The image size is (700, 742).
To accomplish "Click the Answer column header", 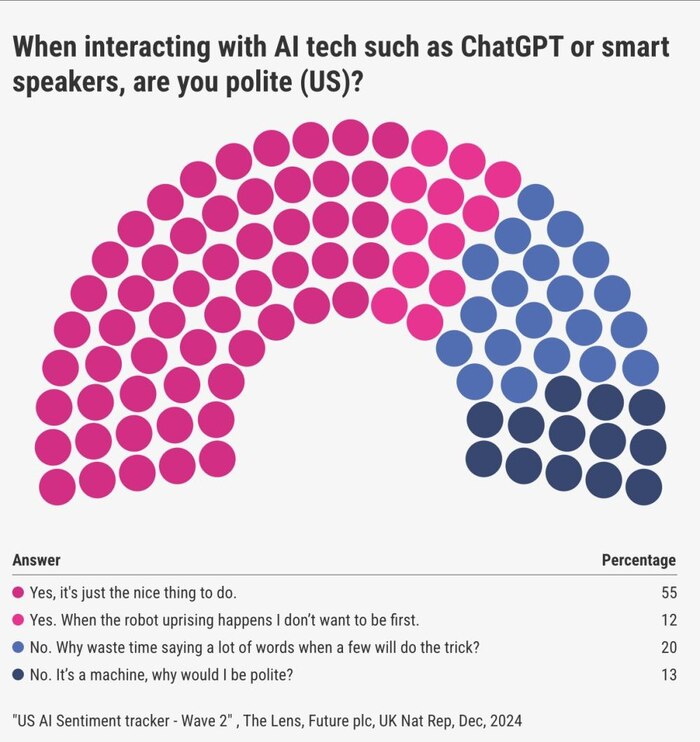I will [36, 560].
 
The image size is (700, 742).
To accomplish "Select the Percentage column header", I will [638, 560].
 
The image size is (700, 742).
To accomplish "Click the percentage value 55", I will [669, 592].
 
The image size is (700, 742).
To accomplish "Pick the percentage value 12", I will [669, 619].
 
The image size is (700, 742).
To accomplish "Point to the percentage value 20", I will [669, 647].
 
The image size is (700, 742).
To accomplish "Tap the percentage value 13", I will [669, 674].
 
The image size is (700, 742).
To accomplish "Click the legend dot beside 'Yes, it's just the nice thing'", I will [19, 592].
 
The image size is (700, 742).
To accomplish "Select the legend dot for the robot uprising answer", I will [19, 619].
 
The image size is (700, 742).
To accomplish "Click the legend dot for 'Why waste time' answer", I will [19, 647].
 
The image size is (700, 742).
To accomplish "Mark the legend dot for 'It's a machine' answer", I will [19, 674].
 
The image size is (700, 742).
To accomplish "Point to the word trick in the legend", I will [458, 647].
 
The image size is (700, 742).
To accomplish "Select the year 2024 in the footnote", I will [502, 720].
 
